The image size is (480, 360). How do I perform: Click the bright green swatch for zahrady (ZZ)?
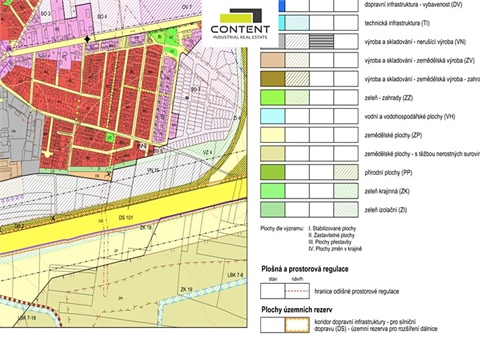click(272, 96)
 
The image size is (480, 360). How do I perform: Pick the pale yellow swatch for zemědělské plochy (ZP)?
click(272, 134)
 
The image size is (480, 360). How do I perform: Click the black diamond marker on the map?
click(88, 38)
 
